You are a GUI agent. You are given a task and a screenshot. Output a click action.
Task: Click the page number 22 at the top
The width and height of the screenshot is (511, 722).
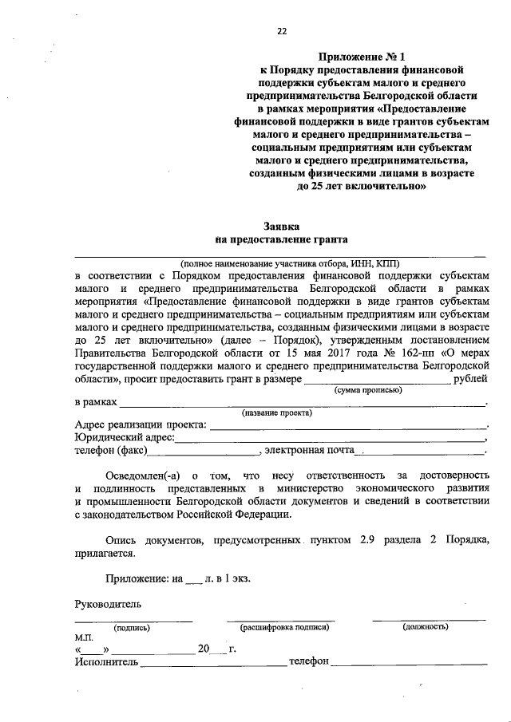[281, 32]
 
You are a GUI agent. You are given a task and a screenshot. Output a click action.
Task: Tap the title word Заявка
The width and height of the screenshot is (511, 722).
[281, 227]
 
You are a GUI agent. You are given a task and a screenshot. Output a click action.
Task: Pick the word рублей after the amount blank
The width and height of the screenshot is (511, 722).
[470, 379]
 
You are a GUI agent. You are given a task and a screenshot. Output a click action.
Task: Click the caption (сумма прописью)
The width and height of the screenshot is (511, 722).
[367, 391]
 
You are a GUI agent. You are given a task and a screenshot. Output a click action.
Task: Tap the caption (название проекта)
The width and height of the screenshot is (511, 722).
[277, 413]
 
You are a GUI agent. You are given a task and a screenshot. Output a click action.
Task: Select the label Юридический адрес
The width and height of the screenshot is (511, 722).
[124, 437]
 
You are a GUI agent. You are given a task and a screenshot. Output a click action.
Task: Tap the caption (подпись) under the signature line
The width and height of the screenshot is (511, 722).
[133, 628]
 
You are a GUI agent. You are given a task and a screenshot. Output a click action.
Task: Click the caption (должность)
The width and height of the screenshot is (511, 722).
[426, 628]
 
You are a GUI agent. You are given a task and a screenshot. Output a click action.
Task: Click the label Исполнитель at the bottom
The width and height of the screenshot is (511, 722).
[107, 662]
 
